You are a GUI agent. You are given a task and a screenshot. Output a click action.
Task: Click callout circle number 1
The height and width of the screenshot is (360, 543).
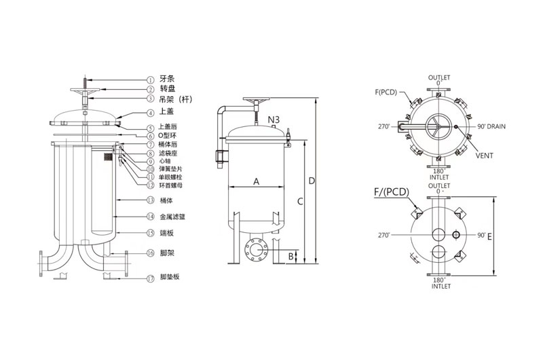click(151, 78)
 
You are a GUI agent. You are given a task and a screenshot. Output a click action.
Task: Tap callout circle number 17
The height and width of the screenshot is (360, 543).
click(151, 278)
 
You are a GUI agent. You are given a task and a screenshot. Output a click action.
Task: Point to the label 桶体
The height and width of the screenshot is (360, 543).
click(167, 200)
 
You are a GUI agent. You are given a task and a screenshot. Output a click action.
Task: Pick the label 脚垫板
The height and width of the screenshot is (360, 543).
click(170, 278)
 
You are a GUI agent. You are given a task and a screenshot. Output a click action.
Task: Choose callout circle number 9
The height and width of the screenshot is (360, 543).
click(151, 161)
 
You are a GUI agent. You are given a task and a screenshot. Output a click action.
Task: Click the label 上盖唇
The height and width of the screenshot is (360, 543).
click(168, 126)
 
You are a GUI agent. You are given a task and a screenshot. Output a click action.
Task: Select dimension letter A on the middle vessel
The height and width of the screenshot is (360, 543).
click(256, 181)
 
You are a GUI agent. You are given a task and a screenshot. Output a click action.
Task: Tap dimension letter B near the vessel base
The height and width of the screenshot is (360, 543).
click(291, 255)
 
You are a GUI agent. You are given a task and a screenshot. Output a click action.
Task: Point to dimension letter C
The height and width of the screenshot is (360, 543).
click(299, 202)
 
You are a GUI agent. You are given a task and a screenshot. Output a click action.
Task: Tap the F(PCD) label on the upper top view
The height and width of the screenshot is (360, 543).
click(386, 90)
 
